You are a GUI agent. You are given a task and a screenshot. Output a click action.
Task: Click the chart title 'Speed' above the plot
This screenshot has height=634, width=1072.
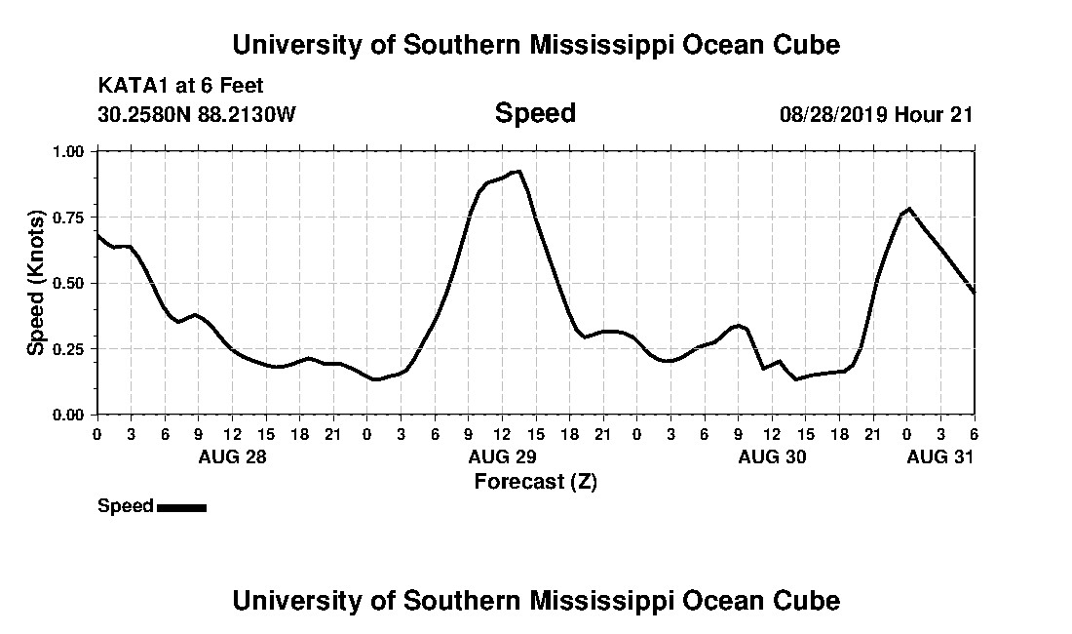[x=535, y=113]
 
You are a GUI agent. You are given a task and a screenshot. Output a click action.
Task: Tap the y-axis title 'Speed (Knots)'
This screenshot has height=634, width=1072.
[x=36, y=282]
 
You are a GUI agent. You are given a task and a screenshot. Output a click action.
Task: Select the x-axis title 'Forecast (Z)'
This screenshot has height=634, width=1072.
[x=535, y=481]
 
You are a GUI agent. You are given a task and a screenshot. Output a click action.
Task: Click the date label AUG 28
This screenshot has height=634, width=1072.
[x=232, y=456]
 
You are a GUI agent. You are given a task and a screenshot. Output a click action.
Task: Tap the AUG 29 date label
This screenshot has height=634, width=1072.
[x=502, y=456]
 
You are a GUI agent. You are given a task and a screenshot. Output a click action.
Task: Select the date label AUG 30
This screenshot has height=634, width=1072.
[x=772, y=456]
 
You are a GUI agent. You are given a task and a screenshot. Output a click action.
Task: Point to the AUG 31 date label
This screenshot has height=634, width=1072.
[x=940, y=456]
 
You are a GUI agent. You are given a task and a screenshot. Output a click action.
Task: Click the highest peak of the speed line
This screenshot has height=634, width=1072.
[x=519, y=172]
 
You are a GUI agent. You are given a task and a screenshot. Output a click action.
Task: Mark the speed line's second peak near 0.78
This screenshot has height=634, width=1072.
[x=908, y=209]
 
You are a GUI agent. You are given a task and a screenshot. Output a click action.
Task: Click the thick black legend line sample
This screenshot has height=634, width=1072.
[x=181, y=507]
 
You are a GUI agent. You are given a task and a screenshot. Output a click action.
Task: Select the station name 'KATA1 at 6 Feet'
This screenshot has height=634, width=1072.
[x=180, y=87]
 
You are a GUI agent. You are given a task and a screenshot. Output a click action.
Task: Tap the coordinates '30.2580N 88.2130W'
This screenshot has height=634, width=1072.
[x=196, y=114]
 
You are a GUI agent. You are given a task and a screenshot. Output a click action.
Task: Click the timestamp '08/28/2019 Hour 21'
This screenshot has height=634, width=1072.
[x=876, y=114]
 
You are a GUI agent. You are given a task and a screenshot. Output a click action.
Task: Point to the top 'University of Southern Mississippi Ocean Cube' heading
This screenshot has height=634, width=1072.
[x=535, y=45]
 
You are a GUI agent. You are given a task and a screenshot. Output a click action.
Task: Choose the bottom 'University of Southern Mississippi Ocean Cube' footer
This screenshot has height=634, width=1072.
[x=535, y=600]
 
